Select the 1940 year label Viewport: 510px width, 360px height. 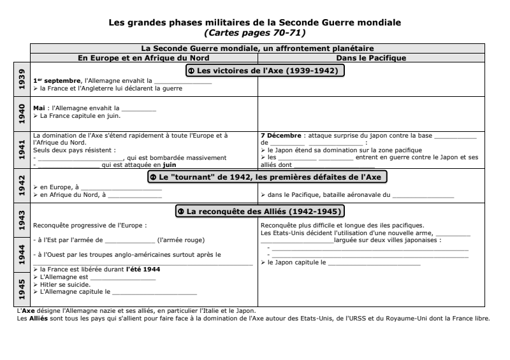[22, 112]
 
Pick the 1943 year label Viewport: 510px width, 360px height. [22, 219]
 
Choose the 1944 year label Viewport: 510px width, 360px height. [22, 254]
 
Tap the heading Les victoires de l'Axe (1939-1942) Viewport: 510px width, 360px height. [265, 70]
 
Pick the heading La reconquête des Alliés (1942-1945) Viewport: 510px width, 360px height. [265, 210]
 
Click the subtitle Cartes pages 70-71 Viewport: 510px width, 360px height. [255, 32]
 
